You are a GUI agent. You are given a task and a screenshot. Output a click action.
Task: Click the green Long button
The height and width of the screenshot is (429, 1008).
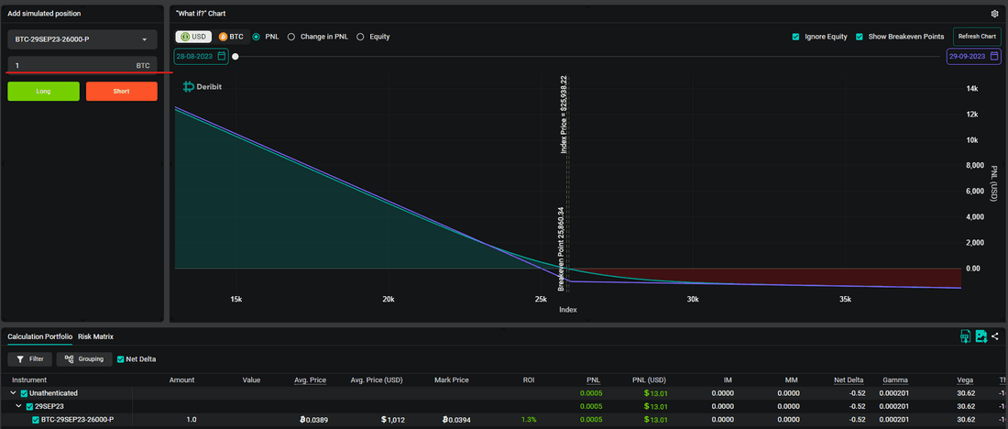click(44, 92)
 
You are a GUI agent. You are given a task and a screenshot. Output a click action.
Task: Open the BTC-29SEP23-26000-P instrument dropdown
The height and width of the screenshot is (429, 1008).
click(82, 40)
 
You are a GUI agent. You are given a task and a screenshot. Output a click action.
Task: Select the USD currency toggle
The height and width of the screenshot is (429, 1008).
click(193, 37)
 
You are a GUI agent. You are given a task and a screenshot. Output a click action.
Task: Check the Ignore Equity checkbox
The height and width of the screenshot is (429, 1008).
click(795, 37)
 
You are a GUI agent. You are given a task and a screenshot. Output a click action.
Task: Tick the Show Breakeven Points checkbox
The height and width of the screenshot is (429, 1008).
click(860, 37)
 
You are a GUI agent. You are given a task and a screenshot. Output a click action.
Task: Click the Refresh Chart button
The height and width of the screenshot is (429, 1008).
click(977, 37)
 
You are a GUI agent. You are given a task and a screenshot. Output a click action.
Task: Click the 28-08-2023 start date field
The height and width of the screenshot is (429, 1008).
click(202, 57)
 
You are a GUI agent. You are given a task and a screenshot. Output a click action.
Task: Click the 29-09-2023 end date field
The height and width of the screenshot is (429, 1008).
click(973, 57)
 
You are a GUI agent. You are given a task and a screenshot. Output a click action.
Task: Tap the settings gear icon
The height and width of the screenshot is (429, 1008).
click(995, 14)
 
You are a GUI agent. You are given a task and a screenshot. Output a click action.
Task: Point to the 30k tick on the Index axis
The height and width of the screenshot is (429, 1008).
click(693, 299)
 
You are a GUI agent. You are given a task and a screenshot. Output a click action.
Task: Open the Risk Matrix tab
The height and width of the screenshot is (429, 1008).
click(96, 336)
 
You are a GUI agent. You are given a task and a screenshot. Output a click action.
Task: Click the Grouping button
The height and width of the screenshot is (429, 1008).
click(84, 359)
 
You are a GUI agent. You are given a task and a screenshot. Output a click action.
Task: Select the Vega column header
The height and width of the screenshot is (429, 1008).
click(965, 380)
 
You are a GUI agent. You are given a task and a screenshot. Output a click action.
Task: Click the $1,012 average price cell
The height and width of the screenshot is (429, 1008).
click(392, 420)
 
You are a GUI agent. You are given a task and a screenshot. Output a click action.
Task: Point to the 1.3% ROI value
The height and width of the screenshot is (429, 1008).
click(529, 420)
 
